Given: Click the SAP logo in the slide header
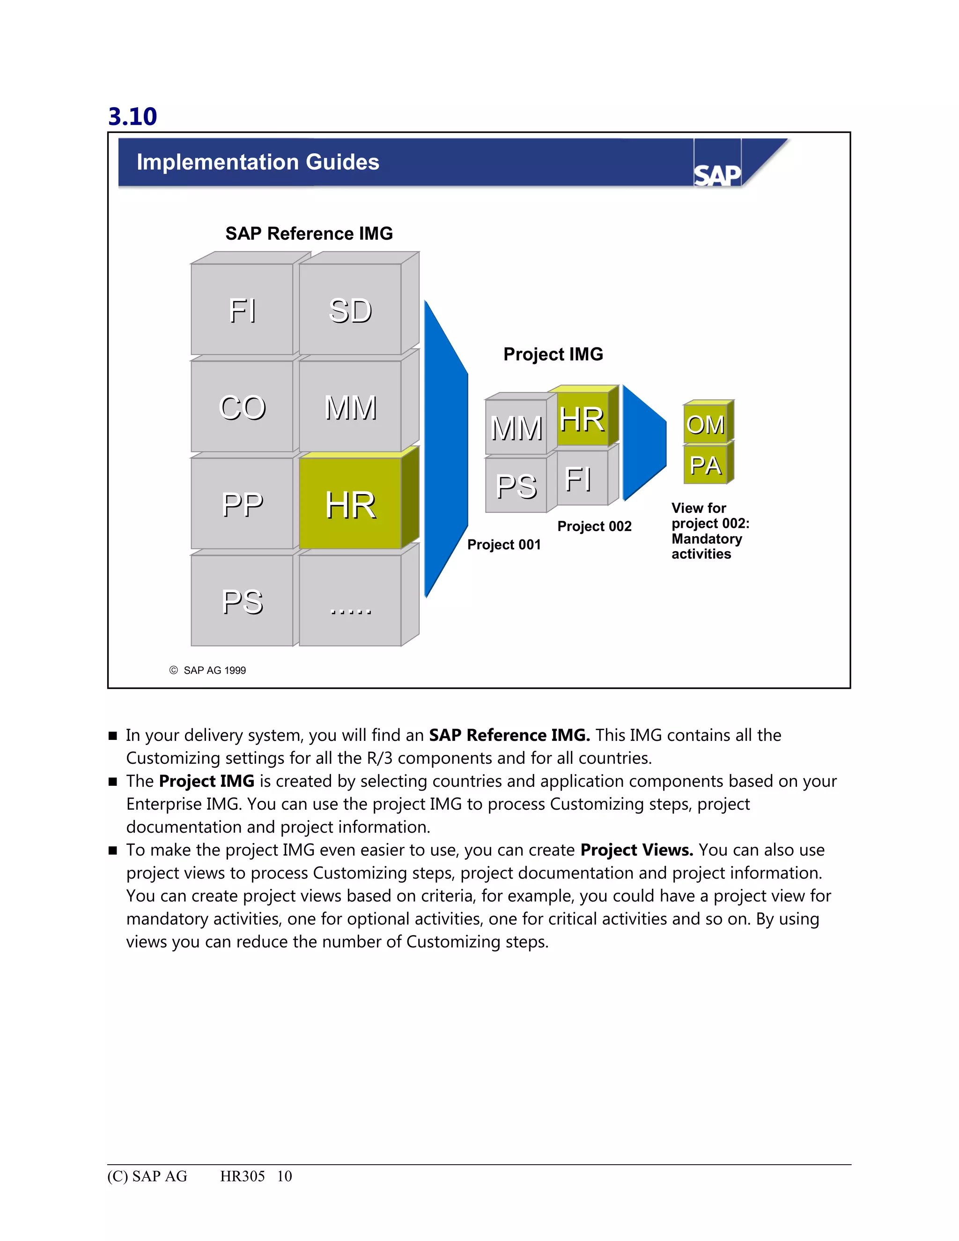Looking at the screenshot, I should tap(717, 175).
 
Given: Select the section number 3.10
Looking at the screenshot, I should tap(133, 117).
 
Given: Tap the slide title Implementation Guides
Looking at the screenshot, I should tap(258, 163).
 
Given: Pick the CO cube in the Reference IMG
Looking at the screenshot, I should tap(242, 407).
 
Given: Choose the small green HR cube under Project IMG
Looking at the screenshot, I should tap(582, 419).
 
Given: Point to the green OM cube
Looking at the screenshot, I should tap(705, 424).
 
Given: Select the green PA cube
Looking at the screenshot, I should tap(705, 465).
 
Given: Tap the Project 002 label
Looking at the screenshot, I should tap(594, 527).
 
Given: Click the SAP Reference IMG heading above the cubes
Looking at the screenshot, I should tap(309, 234).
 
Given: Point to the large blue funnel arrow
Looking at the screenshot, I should tap(446, 449).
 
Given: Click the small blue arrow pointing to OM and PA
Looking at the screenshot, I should tap(643, 443).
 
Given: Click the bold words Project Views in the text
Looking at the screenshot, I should tap(636, 850).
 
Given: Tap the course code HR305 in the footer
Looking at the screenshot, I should tap(242, 1176).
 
